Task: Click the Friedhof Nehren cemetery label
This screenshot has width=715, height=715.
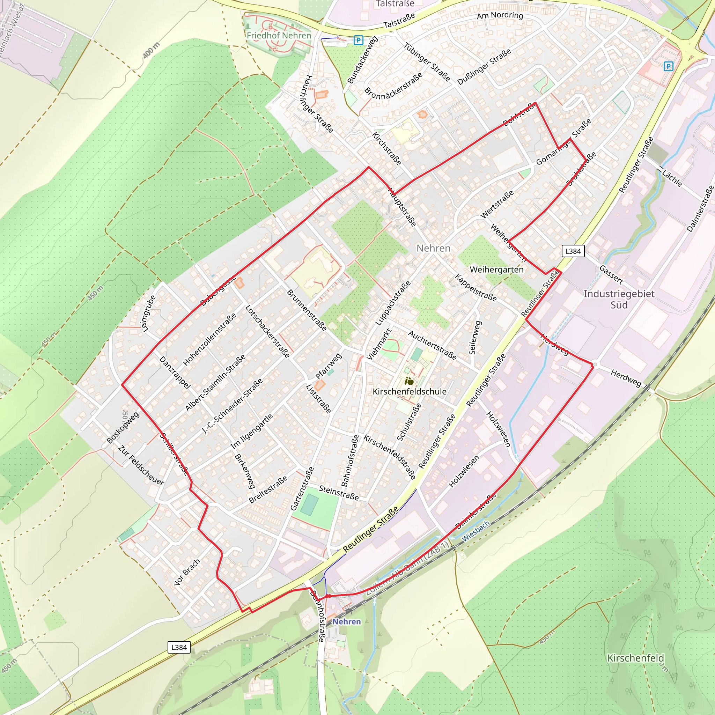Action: [x=279, y=36]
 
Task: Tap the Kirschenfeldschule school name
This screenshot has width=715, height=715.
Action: [x=409, y=392]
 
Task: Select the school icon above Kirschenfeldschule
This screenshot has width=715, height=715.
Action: [x=409, y=381]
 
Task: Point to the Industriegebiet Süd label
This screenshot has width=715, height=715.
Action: [x=619, y=299]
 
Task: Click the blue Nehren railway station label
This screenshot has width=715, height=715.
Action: [x=346, y=621]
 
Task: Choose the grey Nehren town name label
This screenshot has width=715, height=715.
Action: [x=433, y=248]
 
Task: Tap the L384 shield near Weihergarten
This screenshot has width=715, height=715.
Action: [x=573, y=251]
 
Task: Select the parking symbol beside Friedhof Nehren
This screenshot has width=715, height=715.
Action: [x=358, y=40]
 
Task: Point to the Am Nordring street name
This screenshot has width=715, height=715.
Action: [x=500, y=16]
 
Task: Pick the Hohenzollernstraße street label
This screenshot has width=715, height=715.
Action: [x=209, y=339]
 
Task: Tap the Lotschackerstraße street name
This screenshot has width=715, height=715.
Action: [x=267, y=332]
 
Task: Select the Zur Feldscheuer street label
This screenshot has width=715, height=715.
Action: [x=141, y=465]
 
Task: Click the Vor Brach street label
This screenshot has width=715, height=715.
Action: [x=187, y=572]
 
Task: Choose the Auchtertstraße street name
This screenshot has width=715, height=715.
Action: [x=432, y=345]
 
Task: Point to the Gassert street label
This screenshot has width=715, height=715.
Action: [x=611, y=274]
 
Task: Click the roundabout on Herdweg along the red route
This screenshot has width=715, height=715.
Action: [x=594, y=365]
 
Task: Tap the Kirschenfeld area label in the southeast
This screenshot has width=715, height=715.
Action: [x=635, y=658]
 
